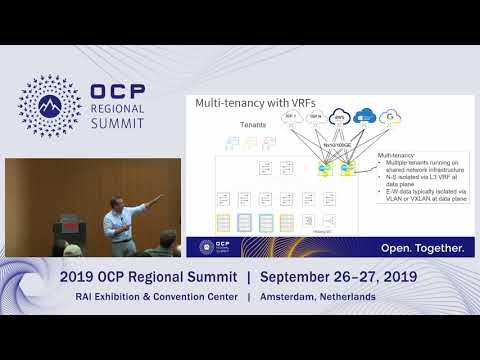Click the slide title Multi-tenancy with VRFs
[248, 103]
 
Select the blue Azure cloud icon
[364, 117]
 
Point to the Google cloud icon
[391, 117]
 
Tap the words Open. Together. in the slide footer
[421, 247]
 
